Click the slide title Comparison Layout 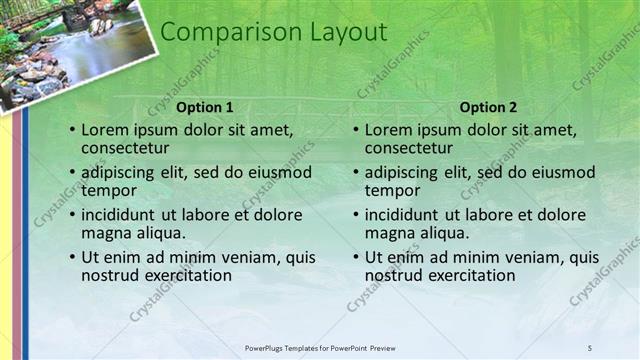[x=273, y=32]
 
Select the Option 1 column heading [x=205, y=107]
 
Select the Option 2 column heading [x=489, y=107]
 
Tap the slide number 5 [x=589, y=347]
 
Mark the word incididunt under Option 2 [x=408, y=214]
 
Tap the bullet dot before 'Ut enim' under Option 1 [x=71, y=258]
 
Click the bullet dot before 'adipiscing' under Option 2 [x=355, y=173]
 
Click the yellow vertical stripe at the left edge [x=6, y=230]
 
